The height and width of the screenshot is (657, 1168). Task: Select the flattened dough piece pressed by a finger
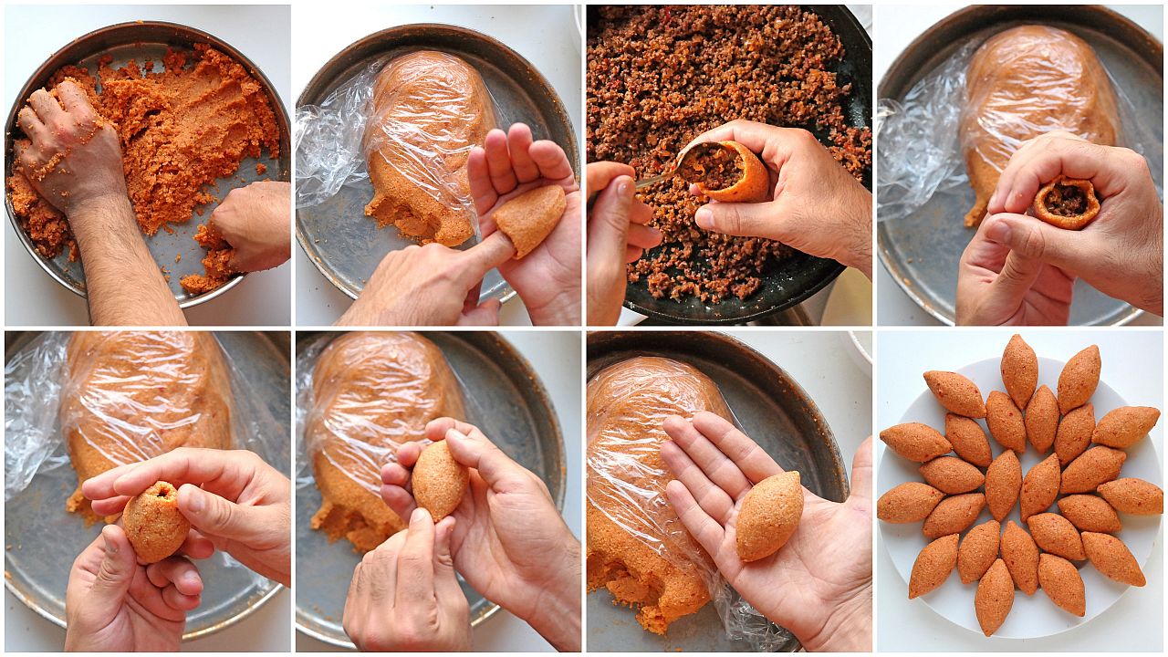pos(530,218)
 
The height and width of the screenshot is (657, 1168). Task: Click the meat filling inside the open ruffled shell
pos(1066,200)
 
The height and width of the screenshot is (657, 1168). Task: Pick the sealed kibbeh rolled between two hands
pos(439,479)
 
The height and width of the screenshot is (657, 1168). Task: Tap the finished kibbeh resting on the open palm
pos(769,516)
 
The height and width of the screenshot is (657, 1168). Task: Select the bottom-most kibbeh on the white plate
pos(993,597)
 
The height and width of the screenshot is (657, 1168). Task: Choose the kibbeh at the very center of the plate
pos(1004,484)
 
